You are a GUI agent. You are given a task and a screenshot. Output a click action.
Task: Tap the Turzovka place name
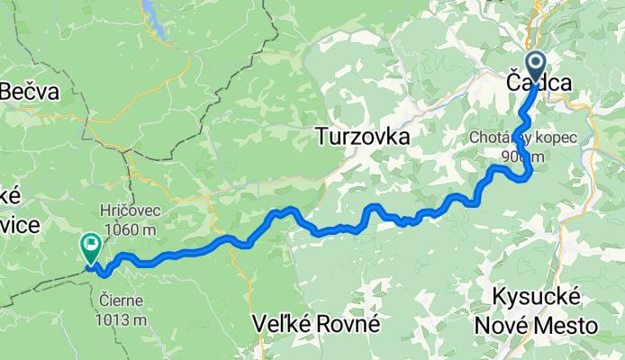[x=363, y=137]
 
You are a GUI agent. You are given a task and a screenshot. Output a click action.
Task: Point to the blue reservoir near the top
[x=156, y=23]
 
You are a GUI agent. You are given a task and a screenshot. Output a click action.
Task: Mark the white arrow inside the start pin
[x=535, y=63]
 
